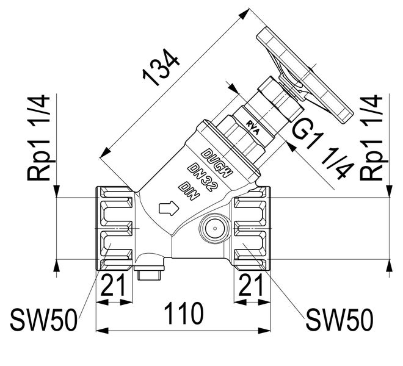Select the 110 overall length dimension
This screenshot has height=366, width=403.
click(184, 314)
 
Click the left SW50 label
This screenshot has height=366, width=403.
click(43, 318)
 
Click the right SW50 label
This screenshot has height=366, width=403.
click(339, 318)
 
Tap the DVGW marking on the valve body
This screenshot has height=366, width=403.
click(217, 160)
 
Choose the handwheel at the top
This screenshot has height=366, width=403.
click(305, 73)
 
